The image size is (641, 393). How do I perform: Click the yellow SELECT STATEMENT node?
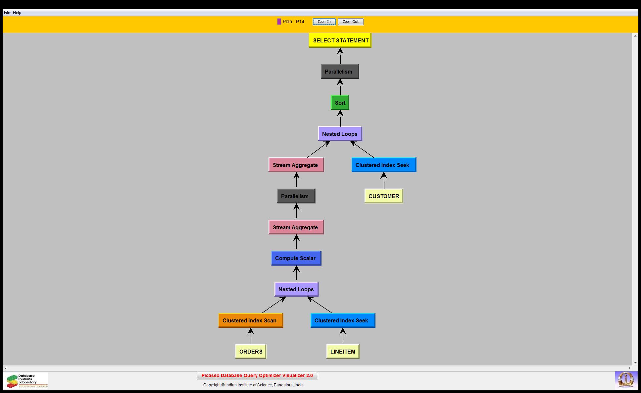tap(340, 40)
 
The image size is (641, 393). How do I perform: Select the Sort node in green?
tap(340, 103)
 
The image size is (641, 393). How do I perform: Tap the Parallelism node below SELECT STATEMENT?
tap(340, 72)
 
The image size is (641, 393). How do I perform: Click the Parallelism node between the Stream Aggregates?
tap(296, 196)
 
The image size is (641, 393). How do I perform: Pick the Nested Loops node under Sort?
tap(340, 134)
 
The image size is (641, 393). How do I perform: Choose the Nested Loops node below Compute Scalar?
tap(296, 289)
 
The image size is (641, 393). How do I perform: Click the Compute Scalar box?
tap(296, 258)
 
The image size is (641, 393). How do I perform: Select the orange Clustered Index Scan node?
tap(250, 320)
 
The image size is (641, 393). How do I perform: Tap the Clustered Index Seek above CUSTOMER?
tap(383, 165)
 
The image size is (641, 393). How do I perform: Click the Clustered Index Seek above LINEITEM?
tap(342, 320)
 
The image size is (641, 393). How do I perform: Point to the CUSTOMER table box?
tap(383, 196)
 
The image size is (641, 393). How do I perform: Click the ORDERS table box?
tap(251, 352)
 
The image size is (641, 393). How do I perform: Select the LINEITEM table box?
tap(343, 352)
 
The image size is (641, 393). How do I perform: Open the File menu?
tap(7, 13)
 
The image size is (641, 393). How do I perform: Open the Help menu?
tap(17, 13)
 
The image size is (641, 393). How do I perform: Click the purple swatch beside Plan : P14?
tap(279, 22)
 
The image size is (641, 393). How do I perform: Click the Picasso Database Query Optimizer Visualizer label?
tap(257, 375)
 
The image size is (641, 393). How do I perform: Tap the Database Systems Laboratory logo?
tap(26, 381)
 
